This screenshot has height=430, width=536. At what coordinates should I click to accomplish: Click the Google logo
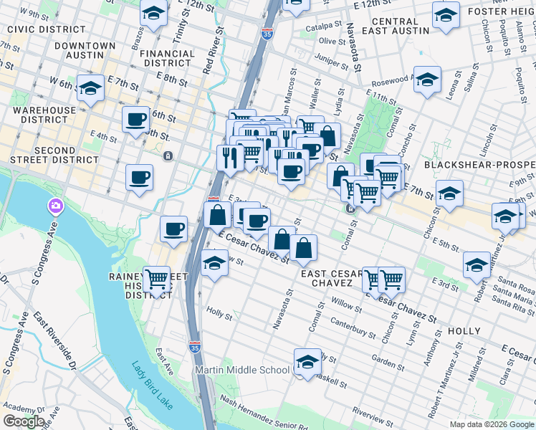pos(24,421)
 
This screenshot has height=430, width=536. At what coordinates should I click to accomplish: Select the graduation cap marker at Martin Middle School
pos(307,363)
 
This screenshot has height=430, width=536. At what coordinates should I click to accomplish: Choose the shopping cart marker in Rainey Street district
pos(156,279)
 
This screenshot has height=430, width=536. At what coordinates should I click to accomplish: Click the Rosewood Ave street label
pos(391,80)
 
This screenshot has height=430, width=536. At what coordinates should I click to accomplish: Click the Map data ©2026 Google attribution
pos(492,424)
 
